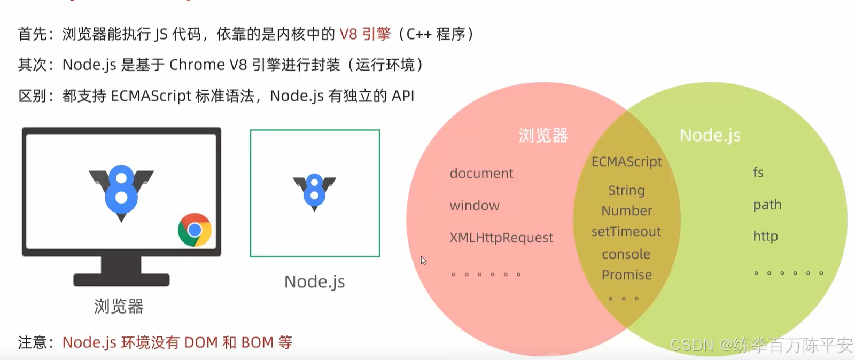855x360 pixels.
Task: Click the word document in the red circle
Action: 481,174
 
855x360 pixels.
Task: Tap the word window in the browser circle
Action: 475,206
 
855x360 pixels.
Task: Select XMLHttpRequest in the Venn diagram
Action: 501,238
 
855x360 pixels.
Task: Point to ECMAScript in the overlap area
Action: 626,162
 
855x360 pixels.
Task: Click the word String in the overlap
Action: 626,191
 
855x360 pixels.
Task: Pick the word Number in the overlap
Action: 627,211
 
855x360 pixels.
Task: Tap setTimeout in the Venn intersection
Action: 626,232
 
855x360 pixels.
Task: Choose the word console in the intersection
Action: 626,254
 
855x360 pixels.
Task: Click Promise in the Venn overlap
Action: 627,275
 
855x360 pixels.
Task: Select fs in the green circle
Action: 758,173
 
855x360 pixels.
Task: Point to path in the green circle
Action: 767,205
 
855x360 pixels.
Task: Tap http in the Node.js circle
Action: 765,237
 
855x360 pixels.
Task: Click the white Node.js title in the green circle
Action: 710,136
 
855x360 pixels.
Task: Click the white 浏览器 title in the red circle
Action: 543,136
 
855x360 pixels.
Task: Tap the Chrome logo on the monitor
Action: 195,230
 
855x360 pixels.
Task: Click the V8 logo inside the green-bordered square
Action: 314,191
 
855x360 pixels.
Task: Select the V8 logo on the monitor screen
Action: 121,191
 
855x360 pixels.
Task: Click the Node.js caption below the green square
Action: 314,281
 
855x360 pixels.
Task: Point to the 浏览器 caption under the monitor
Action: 119,307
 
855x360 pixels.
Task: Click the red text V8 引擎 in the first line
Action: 365,34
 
